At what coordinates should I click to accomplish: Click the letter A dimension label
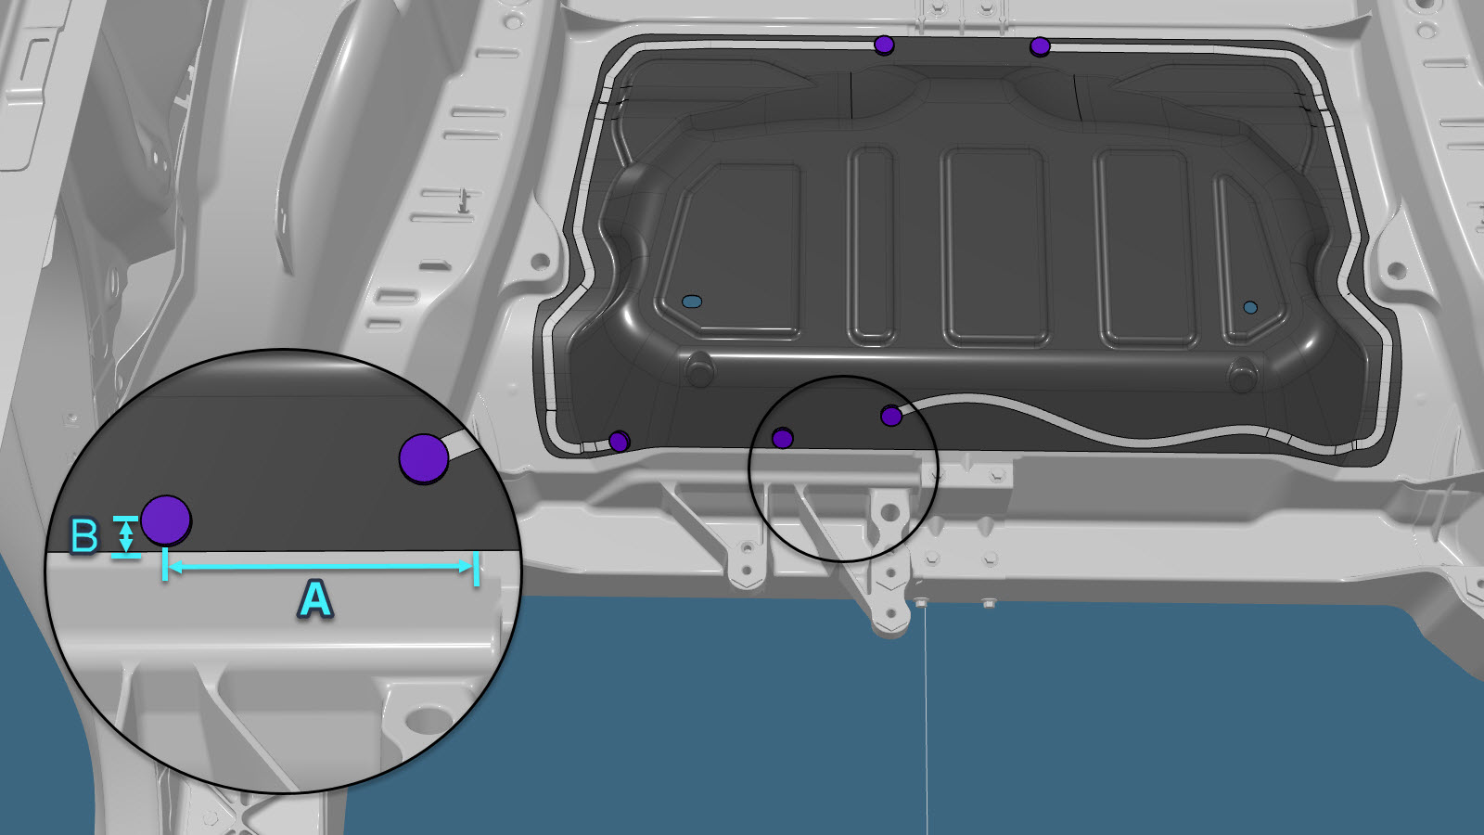pyautogui.click(x=315, y=598)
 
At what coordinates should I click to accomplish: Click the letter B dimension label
pyautogui.click(x=84, y=536)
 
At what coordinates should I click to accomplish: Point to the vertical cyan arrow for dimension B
pyautogui.click(x=126, y=536)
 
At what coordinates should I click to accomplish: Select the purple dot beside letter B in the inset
pyautogui.click(x=166, y=520)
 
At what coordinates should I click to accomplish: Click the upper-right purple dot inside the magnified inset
pyautogui.click(x=424, y=458)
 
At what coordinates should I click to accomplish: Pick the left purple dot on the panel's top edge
pyautogui.click(x=884, y=45)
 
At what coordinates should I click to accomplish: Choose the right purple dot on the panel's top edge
pyautogui.click(x=1040, y=46)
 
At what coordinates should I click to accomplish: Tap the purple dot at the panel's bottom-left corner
pyautogui.click(x=619, y=441)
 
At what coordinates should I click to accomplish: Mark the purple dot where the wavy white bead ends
pyautogui.click(x=891, y=417)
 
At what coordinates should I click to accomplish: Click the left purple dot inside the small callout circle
pyautogui.click(x=783, y=438)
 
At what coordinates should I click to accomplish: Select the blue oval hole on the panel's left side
pyautogui.click(x=692, y=302)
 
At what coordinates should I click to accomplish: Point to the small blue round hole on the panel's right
pyautogui.click(x=1250, y=307)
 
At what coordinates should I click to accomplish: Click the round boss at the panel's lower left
pyautogui.click(x=699, y=368)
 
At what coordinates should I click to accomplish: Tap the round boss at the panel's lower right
pyautogui.click(x=1242, y=375)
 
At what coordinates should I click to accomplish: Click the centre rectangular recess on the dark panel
pyautogui.click(x=994, y=247)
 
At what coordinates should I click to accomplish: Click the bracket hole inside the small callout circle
pyautogui.click(x=891, y=512)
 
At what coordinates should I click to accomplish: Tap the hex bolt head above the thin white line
pyautogui.click(x=921, y=602)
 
